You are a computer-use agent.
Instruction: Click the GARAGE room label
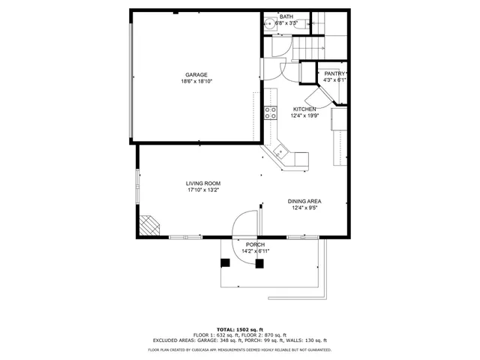click(x=196, y=74)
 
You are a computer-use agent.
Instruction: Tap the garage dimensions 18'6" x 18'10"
click(x=196, y=81)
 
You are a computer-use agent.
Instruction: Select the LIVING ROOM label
click(x=203, y=183)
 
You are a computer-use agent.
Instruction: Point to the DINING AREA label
click(x=305, y=201)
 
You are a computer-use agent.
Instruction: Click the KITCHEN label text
click(x=304, y=109)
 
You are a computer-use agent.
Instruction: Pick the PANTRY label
click(x=334, y=73)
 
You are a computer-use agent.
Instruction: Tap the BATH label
click(x=286, y=16)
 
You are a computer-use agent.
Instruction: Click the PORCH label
click(x=256, y=244)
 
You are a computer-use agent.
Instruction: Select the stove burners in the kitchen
click(x=271, y=113)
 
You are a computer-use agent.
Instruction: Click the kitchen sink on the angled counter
click(x=280, y=152)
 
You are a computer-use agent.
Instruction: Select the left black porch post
click(x=224, y=263)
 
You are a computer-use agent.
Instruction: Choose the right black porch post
click(x=259, y=263)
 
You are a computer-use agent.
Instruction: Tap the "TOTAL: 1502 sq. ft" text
click(x=239, y=330)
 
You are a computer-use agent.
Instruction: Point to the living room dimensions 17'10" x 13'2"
click(x=203, y=190)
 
